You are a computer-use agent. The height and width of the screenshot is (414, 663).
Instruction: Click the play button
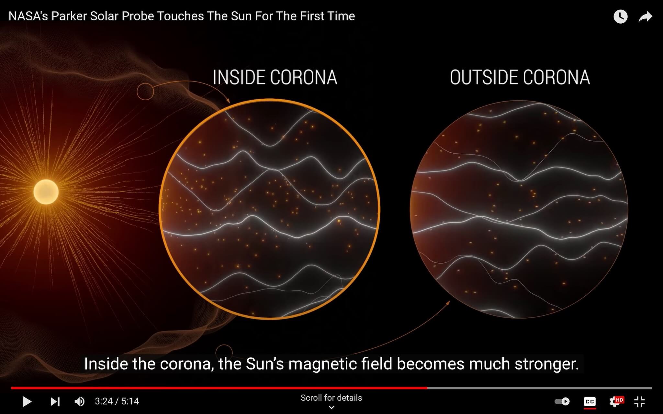pos(27,402)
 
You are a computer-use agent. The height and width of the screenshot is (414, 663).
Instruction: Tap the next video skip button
pos(55,402)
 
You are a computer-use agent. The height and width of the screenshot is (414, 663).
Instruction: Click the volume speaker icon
pos(80,402)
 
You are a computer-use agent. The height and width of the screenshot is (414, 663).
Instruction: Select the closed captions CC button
pos(590,402)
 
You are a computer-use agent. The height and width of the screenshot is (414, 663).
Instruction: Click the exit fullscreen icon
pos(639,402)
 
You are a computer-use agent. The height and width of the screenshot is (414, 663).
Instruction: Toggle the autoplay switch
pos(562,401)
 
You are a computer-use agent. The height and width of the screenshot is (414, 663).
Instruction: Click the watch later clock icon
pos(621,16)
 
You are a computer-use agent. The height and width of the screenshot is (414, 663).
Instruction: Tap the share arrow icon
pos(645,16)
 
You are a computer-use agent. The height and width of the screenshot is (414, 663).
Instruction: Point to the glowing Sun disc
pos(46,192)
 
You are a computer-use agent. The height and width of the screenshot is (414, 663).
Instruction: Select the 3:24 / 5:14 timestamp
pos(117,401)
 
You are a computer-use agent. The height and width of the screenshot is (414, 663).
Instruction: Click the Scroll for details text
pos(331,398)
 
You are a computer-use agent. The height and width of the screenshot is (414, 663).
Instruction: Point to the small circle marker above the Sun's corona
pos(145,92)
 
